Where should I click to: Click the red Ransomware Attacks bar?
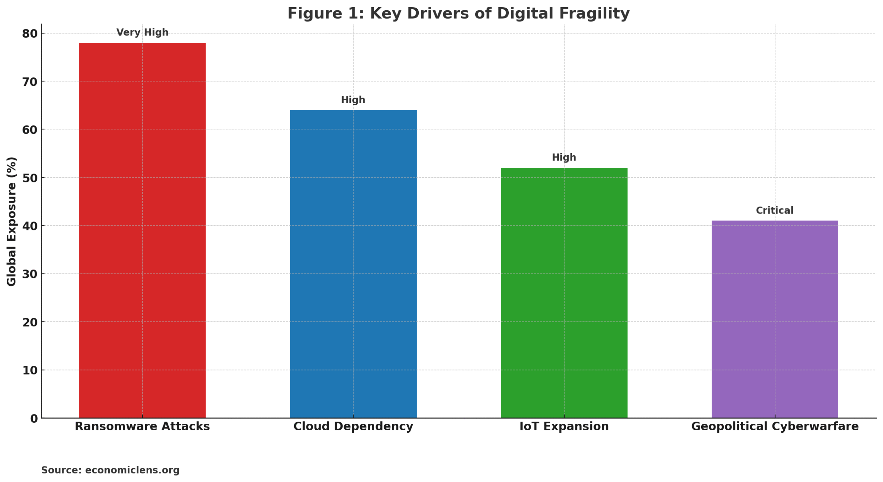[142, 230]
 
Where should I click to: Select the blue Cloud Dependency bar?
[353, 264]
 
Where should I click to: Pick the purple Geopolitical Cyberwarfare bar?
[774, 319]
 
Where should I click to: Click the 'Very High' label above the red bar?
[142, 32]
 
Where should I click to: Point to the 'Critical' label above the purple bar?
[774, 210]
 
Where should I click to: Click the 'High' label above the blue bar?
[353, 100]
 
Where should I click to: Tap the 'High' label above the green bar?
[564, 158]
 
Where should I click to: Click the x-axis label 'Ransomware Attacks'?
[142, 426]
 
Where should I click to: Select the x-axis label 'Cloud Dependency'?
[353, 426]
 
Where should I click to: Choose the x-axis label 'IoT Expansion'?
[564, 426]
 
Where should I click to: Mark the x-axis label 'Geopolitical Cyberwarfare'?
[774, 426]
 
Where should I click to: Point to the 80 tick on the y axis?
[30, 34]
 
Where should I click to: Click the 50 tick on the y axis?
[30, 178]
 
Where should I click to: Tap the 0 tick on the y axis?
[34, 419]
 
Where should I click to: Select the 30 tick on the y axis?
[30, 274]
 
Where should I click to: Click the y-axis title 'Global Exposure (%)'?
[11, 221]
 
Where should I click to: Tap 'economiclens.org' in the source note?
[132, 470]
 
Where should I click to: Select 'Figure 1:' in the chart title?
[326, 14]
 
